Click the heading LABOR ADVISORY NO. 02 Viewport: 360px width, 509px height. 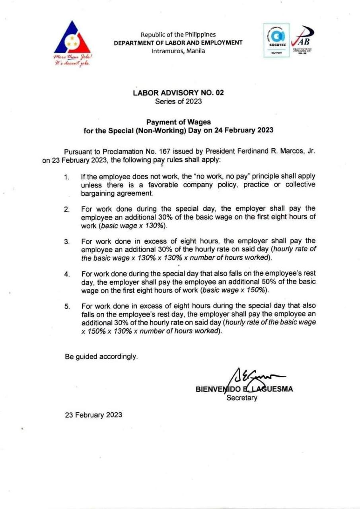click(x=178, y=93)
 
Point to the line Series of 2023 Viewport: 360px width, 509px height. click(x=178, y=101)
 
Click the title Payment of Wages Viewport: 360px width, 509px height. click(x=178, y=122)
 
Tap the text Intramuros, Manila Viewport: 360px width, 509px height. click(x=178, y=51)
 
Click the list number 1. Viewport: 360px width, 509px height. click(x=67, y=177)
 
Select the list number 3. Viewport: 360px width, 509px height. click(x=67, y=241)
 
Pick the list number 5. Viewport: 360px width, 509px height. click(x=67, y=306)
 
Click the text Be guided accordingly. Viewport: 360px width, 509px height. click(x=101, y=357)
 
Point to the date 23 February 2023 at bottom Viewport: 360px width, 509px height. click(x=93, y=415)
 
